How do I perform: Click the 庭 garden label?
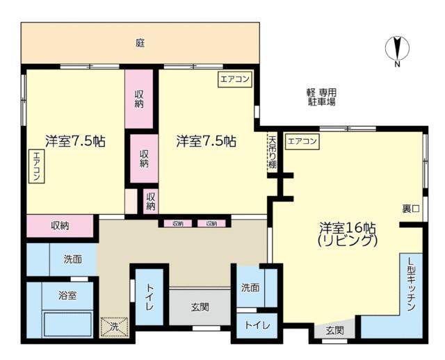(140, 43)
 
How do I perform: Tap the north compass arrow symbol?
(397, 48)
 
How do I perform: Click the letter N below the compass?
(397, 65)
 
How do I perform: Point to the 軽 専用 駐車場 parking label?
(321, 97)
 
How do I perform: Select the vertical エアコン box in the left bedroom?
(37, 166)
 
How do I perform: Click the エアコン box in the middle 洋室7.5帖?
(235, 79)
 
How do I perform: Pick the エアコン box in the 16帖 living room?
(302, 141)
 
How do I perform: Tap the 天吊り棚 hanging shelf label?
(272, 153)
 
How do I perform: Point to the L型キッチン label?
(411, 284)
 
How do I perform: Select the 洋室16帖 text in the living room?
(348, 228)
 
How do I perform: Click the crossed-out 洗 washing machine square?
(114, 327)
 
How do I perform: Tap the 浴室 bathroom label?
(67, 296)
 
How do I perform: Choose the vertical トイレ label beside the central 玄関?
(149, 297)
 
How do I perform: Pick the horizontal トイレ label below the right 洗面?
(257, 325)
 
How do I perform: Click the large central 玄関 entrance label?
(200, 307)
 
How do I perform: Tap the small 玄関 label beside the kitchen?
(335, 331)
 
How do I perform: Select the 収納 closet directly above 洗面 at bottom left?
(60, 226)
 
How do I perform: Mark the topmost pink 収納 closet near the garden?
(139, 99)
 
